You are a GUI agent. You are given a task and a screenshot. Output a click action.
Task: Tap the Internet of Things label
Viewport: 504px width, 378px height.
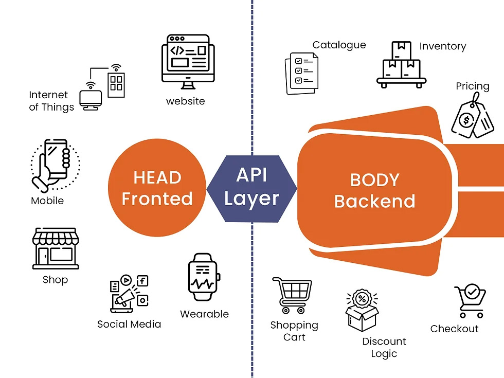point(51,101)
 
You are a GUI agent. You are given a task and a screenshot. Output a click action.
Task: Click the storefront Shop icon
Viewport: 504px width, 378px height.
point(56,249)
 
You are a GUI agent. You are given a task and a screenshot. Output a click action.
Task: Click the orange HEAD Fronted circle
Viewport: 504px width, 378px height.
point(157,188)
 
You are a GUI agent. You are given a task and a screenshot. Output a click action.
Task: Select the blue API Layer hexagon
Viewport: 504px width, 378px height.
point(251,187)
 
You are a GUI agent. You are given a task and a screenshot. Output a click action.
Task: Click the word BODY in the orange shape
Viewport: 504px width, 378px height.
point(374,180)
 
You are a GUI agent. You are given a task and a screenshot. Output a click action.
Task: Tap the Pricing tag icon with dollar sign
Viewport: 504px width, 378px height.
point(472,119)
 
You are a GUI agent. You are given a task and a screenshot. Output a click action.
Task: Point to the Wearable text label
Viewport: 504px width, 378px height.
point(204,314)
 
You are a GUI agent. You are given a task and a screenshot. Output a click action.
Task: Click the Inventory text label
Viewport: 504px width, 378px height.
point(442,46)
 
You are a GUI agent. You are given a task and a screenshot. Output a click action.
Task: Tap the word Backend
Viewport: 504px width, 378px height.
point(374,201)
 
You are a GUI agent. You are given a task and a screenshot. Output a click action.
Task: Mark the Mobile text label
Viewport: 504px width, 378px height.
point(47,201)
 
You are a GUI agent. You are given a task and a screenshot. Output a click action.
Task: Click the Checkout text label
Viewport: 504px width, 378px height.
point(454,329)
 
